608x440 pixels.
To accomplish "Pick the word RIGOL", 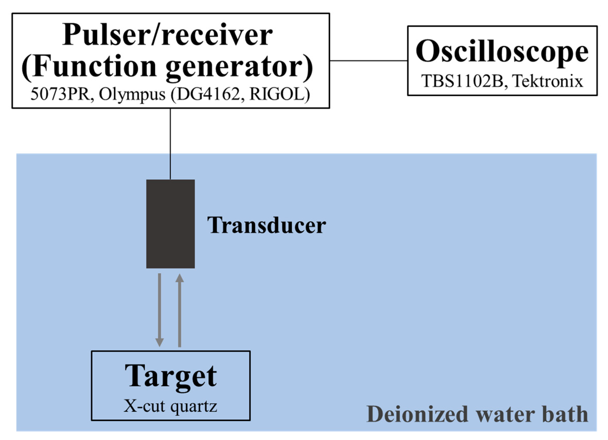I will pos(279,94).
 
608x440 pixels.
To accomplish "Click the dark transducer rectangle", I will pos(170,224).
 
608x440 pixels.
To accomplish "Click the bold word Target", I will pos(171,376).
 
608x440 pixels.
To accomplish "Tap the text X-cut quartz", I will pos(171,406).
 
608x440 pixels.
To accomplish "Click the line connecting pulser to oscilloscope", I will pos(368,61).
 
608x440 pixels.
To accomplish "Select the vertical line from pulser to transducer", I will pos(170,143).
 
